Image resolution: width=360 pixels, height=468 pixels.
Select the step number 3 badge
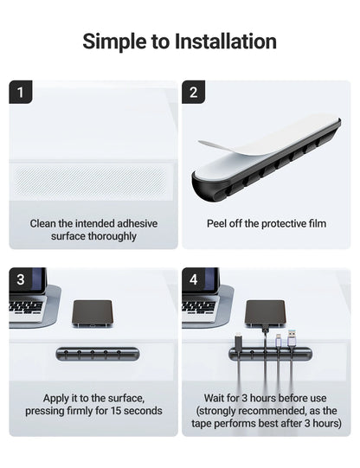click(21, 279)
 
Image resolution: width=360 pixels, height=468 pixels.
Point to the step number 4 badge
click(193, 279)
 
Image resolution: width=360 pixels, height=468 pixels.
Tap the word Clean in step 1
click(44, 223)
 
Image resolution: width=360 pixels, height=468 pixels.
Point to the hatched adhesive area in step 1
click(92, 183)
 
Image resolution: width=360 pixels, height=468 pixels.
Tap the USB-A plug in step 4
click(293, 333)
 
